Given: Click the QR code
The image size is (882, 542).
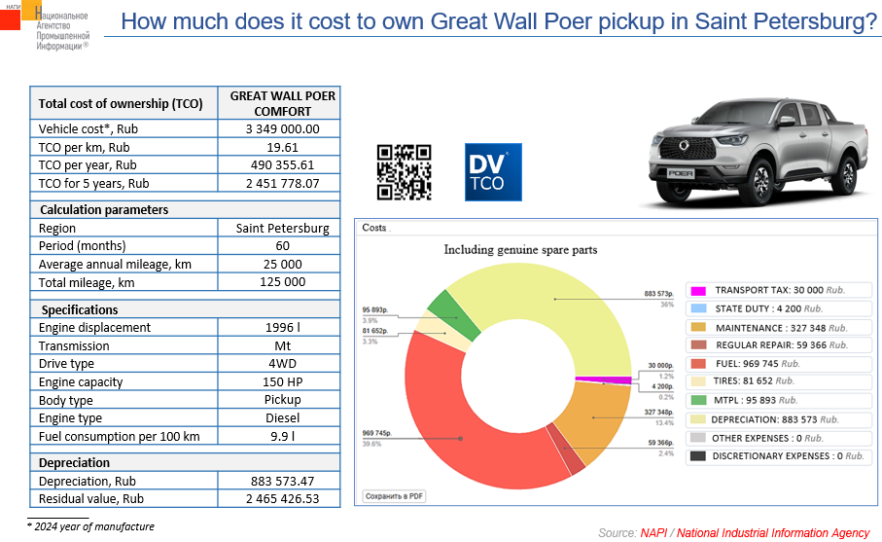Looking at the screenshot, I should (404, 171).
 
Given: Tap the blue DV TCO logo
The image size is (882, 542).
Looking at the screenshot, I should (493, 172).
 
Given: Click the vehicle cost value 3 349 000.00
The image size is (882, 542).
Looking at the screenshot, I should (282, 128).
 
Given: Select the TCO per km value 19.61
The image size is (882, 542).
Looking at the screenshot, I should (282, 147).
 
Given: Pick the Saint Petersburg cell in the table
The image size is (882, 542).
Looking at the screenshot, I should (282, 229).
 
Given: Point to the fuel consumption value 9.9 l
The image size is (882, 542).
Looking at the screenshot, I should (282, 436).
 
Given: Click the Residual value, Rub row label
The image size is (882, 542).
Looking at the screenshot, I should (91, 498).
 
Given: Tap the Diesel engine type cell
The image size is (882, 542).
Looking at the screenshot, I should (282, 417).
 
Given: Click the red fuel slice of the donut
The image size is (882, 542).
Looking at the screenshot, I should (457, 418).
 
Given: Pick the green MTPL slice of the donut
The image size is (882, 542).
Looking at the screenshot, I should (444, 309).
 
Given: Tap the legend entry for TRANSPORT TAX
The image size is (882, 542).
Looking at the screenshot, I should (767, 291).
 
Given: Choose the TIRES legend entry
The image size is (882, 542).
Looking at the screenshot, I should (754, 381).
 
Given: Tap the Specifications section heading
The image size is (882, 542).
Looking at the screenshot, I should (80, 309).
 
